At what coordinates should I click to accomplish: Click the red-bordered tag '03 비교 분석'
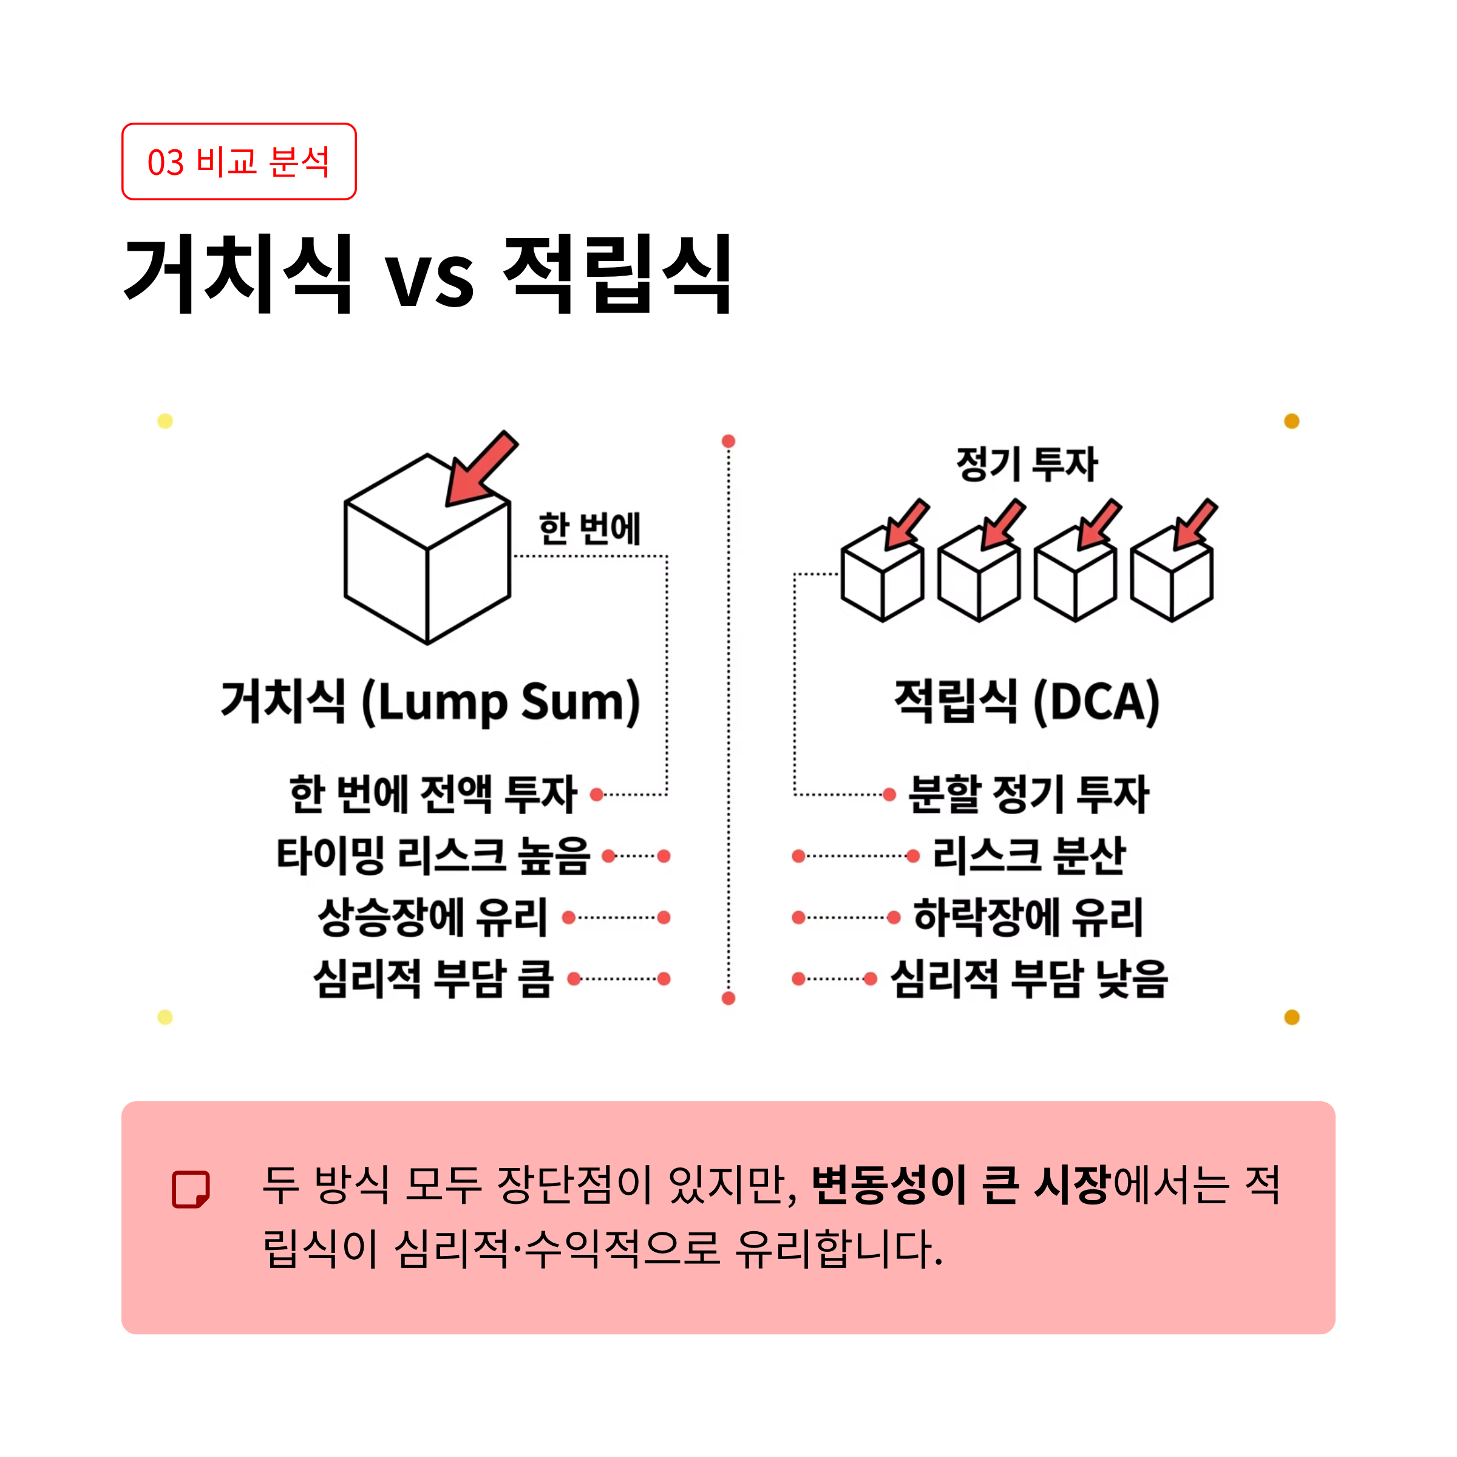(239, 161)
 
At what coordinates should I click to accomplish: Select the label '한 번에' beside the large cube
(589, 529)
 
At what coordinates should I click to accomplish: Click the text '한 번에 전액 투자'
(433, 794)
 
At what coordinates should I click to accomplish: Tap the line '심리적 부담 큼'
(433, 979)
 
